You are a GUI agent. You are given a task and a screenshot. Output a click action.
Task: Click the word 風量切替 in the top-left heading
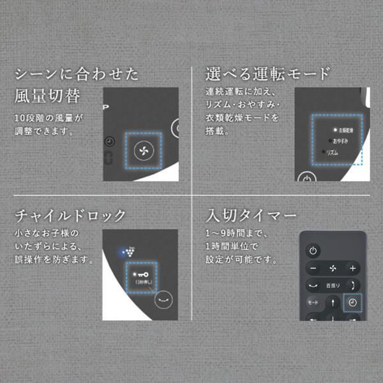point(47,96)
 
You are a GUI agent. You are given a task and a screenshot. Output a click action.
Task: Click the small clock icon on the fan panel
point(109,141)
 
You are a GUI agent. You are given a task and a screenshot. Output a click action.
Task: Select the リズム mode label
point(333,153)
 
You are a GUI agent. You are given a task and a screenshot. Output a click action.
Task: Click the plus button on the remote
point(352,268)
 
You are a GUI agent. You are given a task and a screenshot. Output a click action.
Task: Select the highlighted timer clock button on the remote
point(352,302)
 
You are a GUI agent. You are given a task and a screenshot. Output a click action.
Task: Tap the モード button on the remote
point(313,302)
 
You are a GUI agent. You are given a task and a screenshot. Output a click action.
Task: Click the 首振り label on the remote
point(333,285)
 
